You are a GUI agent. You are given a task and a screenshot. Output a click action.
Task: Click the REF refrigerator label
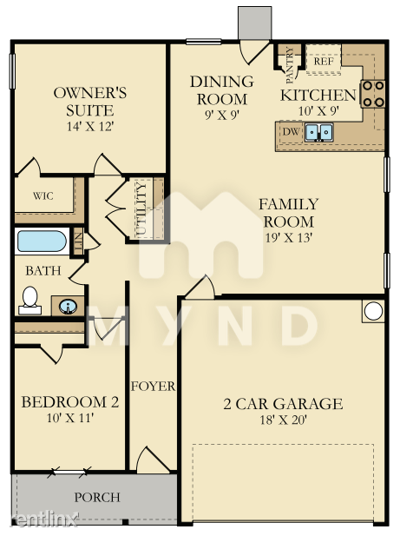click(323, 62)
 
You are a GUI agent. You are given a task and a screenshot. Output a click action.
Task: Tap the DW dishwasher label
click(292, 131)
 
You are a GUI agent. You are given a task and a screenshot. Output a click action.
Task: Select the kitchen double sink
click(318, 132)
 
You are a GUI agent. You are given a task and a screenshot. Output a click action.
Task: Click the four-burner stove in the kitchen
click(373, 94)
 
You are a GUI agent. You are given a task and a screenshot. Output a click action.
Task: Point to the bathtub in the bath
click(42, 242)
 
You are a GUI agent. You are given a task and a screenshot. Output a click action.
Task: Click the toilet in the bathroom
click(30, 301)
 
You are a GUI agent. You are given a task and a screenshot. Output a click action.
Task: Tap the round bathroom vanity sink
click(68, 306)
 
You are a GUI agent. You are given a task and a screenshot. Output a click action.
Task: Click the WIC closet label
click(43, 195)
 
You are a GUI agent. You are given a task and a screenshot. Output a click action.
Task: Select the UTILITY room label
click(141, 209)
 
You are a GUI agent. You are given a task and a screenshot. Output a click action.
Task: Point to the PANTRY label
click(290, 66)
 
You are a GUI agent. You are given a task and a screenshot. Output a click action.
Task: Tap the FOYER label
click(153, 387)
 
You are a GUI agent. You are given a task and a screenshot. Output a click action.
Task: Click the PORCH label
click(97, 498)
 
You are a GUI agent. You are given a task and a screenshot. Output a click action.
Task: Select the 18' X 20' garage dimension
click(284, 420)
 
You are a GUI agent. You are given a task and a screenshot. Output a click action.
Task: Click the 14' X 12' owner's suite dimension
click(89, 127)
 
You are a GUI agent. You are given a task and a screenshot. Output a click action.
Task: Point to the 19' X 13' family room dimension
click(289, 237)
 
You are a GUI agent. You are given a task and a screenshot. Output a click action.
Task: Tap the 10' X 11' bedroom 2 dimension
click(70, 418)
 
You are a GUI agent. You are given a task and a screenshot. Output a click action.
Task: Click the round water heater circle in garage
click(373, 311)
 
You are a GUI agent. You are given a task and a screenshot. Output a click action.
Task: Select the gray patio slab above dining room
click(254, 23)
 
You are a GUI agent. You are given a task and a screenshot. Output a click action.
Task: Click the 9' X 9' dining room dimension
click(222, 115)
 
